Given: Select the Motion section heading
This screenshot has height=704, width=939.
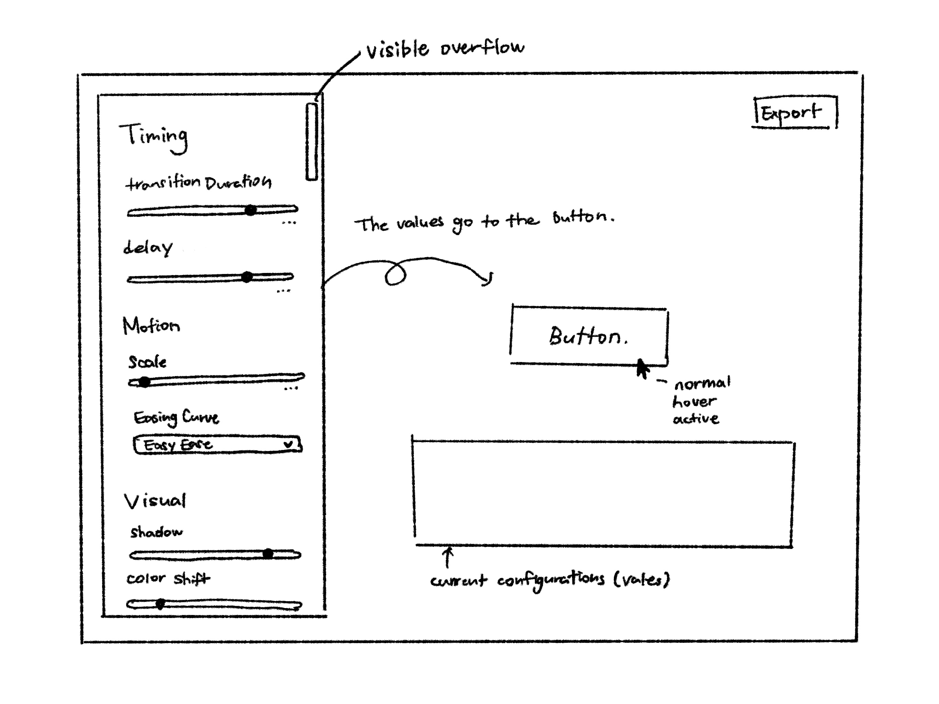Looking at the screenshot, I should tap(151, 326).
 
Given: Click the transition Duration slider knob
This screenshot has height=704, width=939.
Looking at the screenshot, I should tap(251, 210).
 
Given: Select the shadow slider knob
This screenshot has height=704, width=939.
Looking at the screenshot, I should tap(268, 554).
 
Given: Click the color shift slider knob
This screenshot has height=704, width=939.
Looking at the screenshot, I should tap(160, 604).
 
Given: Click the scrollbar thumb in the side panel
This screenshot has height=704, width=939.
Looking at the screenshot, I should tap(312, 141).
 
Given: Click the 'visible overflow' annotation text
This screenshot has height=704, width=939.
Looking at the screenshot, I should tap(445, 49).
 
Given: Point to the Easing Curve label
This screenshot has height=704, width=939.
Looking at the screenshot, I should tap(177, 418).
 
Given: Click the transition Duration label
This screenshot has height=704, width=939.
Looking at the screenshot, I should tap(199, 183).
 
